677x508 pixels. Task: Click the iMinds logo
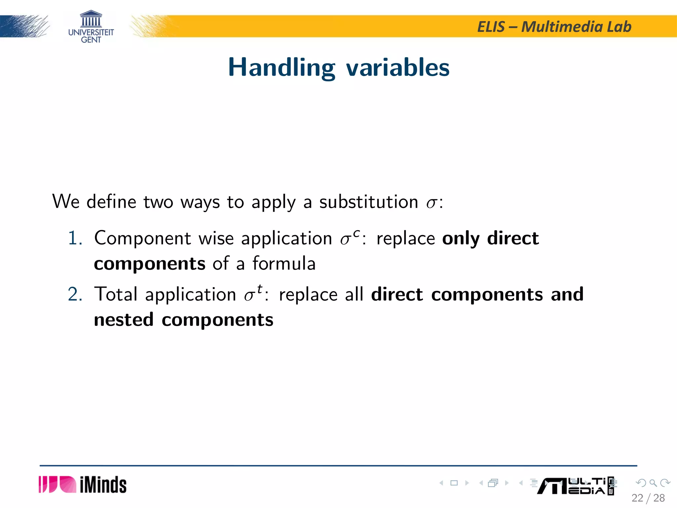(x=83, y=485)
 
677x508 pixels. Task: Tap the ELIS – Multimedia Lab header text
(x=554, y=27)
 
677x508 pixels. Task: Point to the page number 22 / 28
(x=648, y=498)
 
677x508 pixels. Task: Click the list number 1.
(x=74, y=238)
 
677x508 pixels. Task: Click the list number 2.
(x=75, y=294)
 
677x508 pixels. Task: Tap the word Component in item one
(x=142, y=238)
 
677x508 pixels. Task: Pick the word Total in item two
(x=116, y=294)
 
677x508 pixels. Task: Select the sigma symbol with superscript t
(x=253, y=293)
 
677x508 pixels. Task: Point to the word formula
(x=284, y=264)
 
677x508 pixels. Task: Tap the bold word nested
(x=124, y=320)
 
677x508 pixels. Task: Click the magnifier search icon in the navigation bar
(x=653, y=483)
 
